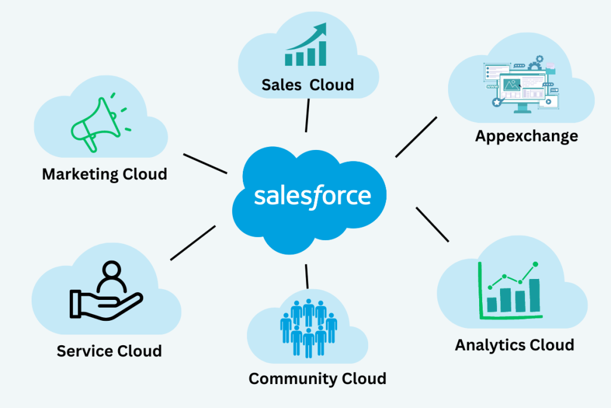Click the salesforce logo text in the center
[313, 196]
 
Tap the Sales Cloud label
[307, 85]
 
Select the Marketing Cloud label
[104, 174]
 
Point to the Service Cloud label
[109, 351]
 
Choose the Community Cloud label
[317, 378]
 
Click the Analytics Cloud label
[514, 345]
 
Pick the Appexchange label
[526, 136]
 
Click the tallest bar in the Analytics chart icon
[535, 295]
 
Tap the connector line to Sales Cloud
[307, 115]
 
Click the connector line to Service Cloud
[193, 243]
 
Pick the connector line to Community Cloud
[307, 276]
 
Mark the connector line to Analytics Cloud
[432, 225]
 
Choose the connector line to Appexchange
[416, 137]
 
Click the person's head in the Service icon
[110, 270]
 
